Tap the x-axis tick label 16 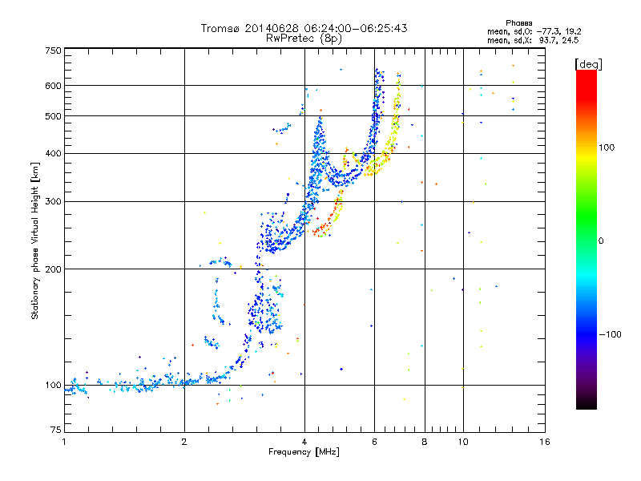pos(544,442)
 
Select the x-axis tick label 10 pos(462,442)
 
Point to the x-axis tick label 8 pos(425,442)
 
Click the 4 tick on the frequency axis pos(304,442)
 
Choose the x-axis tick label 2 pos(184,442)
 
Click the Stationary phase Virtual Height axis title pos(35,242)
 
